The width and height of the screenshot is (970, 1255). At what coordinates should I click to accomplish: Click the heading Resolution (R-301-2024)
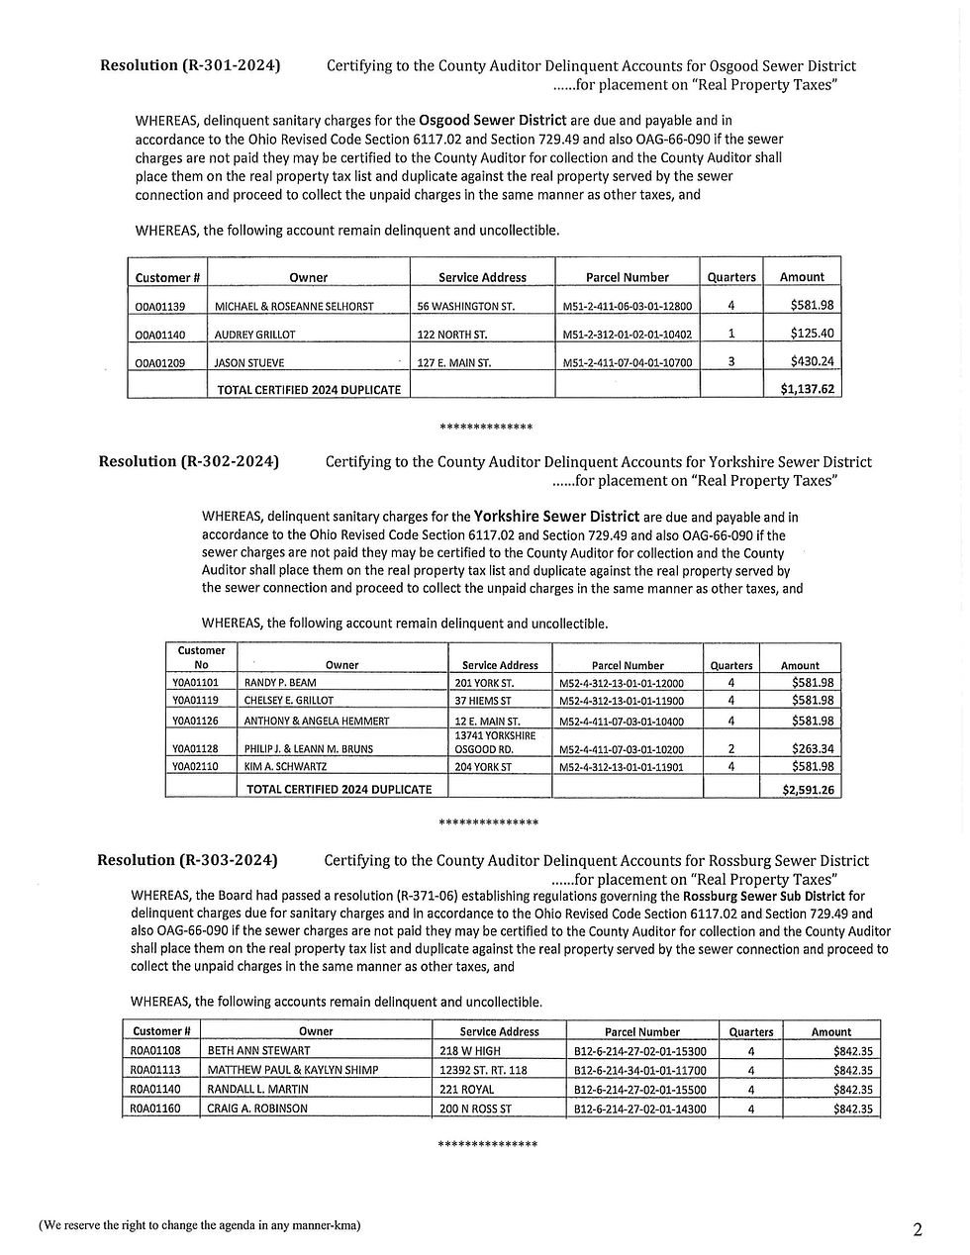(x=190, y=66)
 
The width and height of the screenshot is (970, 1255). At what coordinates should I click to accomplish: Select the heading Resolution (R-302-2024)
(x=188, y=461)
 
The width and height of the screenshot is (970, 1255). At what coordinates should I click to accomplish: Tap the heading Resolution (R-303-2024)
(x=187, y=860)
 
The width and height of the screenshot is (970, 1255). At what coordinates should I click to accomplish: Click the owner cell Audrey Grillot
(x=255, y=335)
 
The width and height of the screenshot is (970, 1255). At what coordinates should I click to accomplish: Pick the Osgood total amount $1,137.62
(x=807, y=389)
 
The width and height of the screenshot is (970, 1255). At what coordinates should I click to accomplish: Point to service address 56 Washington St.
(x=466, y=307)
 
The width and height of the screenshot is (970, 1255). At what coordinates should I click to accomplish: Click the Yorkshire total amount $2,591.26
(x=807, y=789)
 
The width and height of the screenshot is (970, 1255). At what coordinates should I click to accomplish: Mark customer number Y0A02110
(x=195, y=766)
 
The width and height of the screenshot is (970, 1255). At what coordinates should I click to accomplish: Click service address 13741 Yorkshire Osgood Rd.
(x=495, y=742)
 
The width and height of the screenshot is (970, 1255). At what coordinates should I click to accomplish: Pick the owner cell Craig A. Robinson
(x=257, y=1109)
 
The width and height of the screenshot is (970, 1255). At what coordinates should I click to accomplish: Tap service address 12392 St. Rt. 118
(x=483, y=1070)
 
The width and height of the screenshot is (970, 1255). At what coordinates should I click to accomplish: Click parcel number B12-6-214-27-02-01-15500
(x=640, y=1089)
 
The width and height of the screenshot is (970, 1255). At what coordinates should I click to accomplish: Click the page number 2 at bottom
(x=918, y=1230)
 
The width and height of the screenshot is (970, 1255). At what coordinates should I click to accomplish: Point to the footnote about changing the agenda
(x=200, y=1225)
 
